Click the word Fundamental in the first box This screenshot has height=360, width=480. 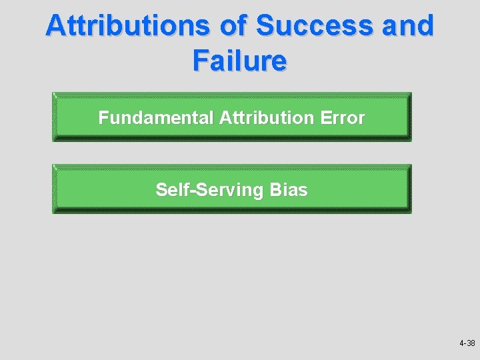pyautogui.click(x=155, y=118)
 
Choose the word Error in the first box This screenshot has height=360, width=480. pyautogui.click(x=343, y=118)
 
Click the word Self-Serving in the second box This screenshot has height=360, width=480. pyautogui.click(x=210, y=190)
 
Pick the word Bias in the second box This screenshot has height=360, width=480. pyautogui.click(x=289, y=190)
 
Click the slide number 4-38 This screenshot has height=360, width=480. pyautogui.click(x=467, y=343)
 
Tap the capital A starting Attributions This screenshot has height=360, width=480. pyautogui.click(x=56, y=27)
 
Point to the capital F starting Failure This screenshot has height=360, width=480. pyautogui.click(x=201, y=61)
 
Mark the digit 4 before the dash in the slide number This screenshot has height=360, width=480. pyautogui.click(x=461, y=343)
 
